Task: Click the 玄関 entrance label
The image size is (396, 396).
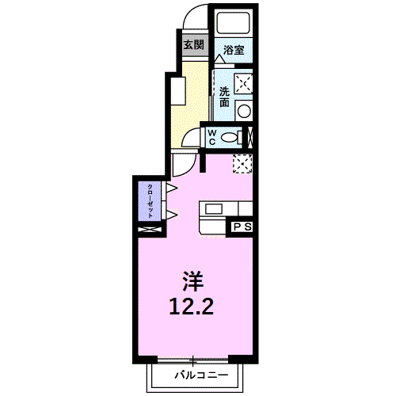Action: click(194, 44)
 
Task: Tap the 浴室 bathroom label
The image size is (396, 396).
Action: click(233, 50)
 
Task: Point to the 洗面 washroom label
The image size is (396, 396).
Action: click(224, 96)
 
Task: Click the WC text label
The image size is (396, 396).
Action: click(213, 137)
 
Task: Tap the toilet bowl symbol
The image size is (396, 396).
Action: click(230, 137)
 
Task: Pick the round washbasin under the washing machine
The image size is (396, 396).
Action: click(245, 109)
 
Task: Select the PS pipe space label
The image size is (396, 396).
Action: click(242, 227)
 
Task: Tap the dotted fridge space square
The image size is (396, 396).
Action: click(242, 162)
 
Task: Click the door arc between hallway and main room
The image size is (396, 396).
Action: click(182, 164)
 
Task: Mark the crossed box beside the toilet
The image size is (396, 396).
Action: click(251, 136)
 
